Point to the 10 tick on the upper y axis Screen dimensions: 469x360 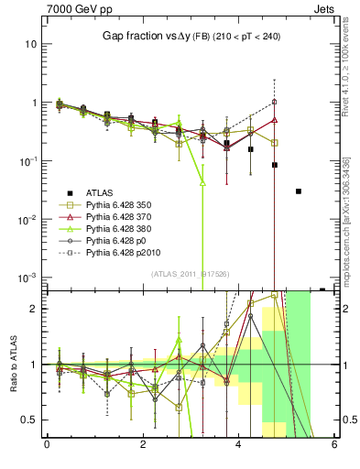click(x=31, y=44)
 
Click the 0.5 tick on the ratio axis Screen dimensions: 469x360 click(x=29, y=420)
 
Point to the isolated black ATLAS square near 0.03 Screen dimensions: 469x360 click(x=299, y=191)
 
